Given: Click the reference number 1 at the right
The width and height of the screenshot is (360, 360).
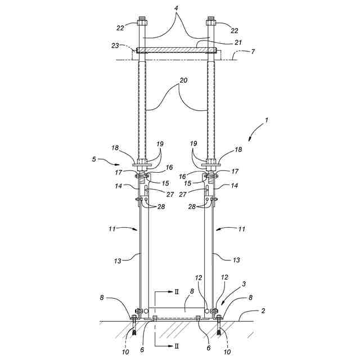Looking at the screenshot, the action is [x=267, y=119].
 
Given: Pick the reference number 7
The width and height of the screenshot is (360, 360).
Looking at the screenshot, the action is [x=253, y=51].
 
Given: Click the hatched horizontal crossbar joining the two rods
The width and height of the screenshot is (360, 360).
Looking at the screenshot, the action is [x=177, y=51].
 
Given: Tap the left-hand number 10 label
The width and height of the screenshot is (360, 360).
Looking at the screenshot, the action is [x=125, y=352].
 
